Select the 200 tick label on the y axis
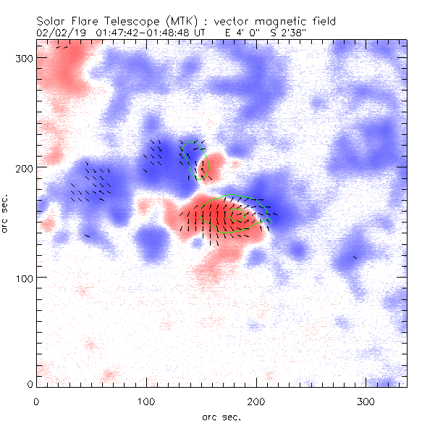coord(24,168)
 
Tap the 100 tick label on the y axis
coord(24,278)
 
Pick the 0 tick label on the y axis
coord(29,383)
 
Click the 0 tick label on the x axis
coord(36,401)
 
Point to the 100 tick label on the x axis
coord(146,401)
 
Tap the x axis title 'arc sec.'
coord(221,417)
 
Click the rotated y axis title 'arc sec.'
coord(6,213)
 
